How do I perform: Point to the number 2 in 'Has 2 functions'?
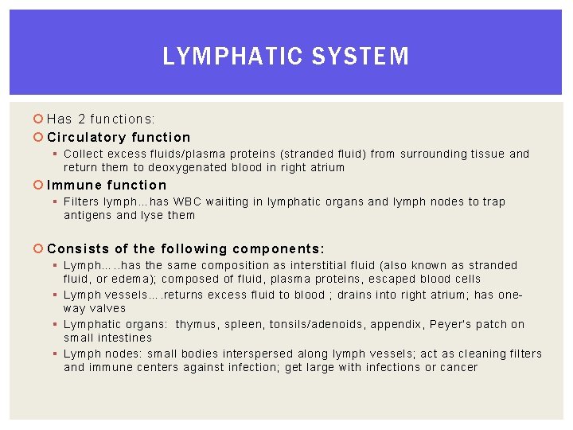pyautogui.click(x=81, y=119)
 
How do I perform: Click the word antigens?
pyautogui.click(x=88, y=215)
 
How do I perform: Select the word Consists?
pyautogui.click(x=78, y=248)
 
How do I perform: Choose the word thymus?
pyautogui.click(x=198, y=324)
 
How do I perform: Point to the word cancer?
pyautogui.click(x=458, y=367)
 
